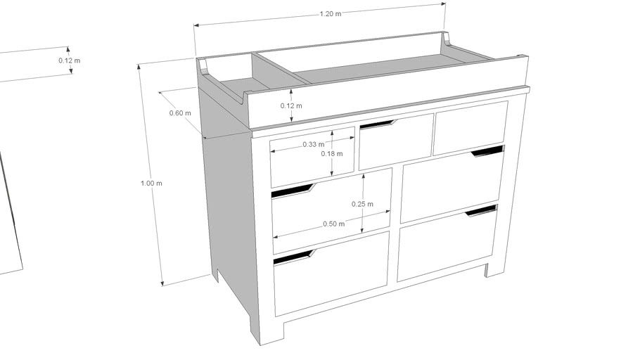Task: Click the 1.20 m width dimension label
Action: coord(330,13)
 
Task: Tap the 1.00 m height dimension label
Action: coord(151,184)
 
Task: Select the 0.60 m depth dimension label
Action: coord(180,113)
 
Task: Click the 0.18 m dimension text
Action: coord(331,153)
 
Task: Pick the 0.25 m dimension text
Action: coord(361,204)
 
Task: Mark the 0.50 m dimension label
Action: coord(333,224)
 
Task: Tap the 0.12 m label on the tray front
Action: coord(291,106)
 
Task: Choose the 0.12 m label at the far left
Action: coord(69,60)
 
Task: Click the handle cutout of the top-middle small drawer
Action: coord(377,125)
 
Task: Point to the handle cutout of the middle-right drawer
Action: coord(487,150)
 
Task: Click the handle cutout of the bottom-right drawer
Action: coord(481,210)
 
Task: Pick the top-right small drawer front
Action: coord(471,127)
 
